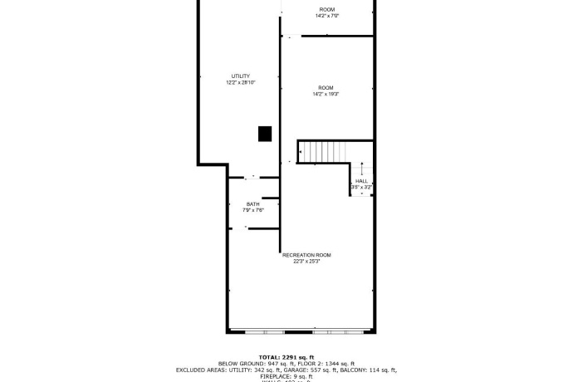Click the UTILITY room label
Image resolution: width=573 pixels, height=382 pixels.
click(240, 76)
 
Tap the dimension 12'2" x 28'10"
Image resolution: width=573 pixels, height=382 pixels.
click(240, 83)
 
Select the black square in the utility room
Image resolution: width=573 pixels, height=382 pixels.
click(265, 133)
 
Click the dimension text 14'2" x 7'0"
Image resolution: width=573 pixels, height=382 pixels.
click(327, 16)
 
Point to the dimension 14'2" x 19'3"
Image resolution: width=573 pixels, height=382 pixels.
click(326, 94)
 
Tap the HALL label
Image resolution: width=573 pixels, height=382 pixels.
click(361, 181)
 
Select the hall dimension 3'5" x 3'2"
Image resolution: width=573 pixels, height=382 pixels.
click(361, 188)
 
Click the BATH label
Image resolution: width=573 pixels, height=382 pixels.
click(252, 204)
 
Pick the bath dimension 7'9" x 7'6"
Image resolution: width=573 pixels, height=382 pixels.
click(252, 210)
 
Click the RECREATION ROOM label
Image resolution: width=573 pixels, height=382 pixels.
click(306, 255)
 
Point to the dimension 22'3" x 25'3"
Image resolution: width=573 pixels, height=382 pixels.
click(306, 262)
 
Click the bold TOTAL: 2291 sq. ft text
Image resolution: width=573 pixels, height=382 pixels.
click(286, 356)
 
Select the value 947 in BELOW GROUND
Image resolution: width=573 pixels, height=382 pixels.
click(273, 363)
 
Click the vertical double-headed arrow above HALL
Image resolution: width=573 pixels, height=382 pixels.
click(362, 169)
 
